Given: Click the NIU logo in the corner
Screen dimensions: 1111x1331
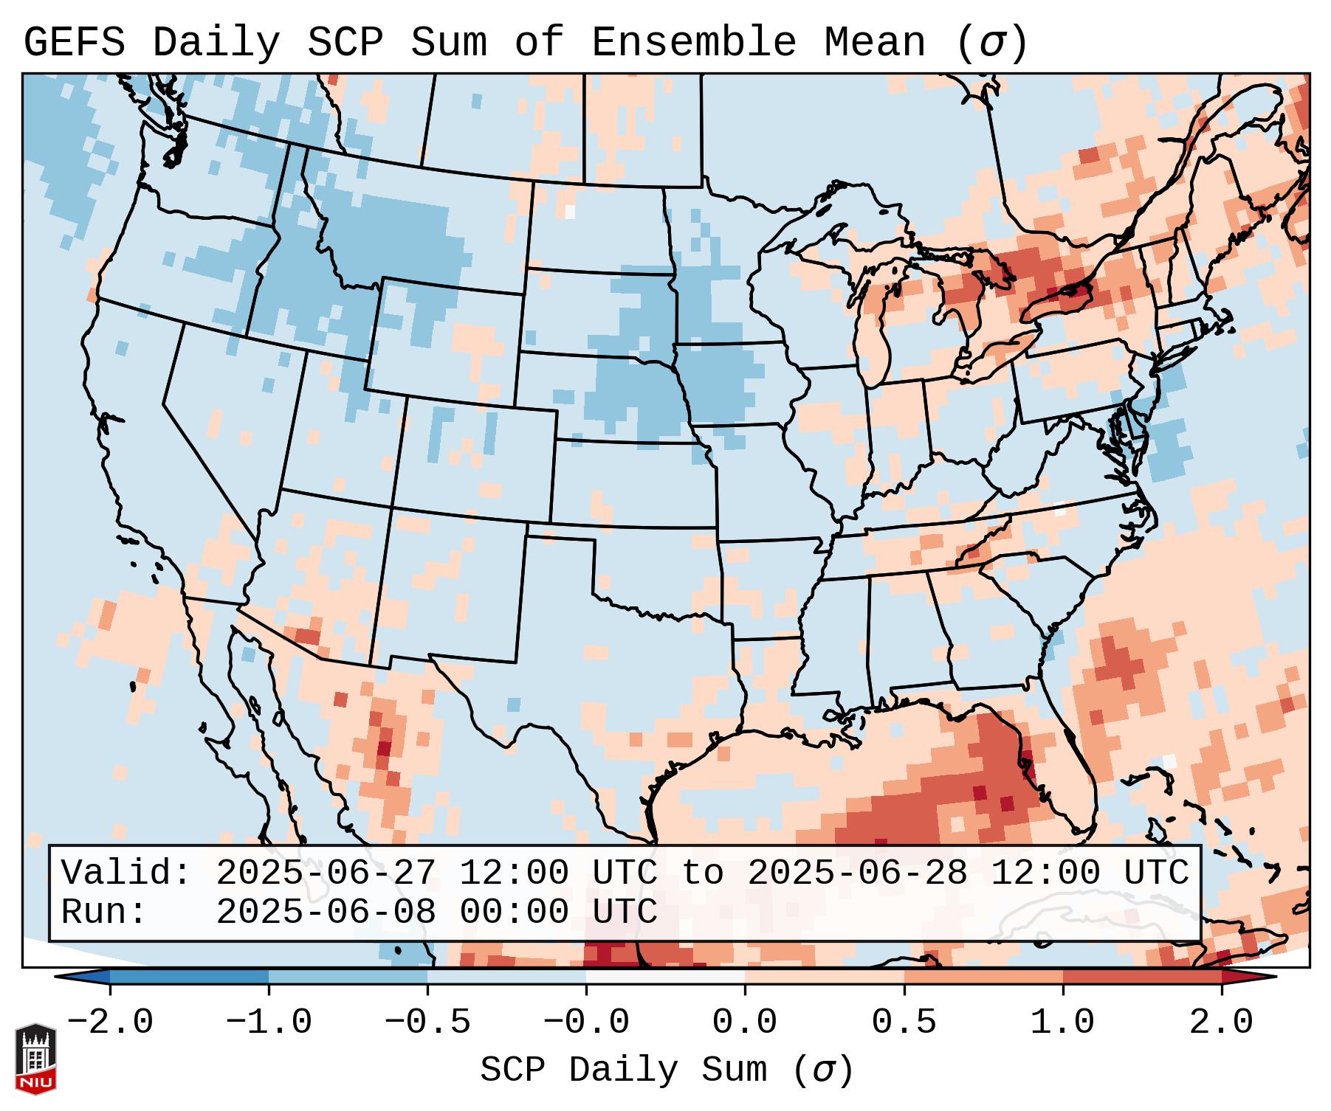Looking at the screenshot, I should coord(35,1059).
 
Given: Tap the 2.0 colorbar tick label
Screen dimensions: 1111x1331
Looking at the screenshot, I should coord(1222,1022).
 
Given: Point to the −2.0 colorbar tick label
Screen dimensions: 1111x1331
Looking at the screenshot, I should coord(110,1022).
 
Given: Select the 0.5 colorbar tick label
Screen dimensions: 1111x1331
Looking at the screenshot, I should coord(904,1022).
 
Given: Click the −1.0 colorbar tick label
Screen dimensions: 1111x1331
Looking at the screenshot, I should coord(269,1022).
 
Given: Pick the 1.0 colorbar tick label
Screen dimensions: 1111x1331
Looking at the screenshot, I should coord(1063,1022).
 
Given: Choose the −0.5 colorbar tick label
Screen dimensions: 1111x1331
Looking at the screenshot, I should coord(427,1022).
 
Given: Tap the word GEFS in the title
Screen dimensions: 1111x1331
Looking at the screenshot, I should coord(74,43).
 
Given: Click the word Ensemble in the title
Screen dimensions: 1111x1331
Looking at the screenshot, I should coord(694,43).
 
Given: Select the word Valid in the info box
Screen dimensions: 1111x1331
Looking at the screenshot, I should coord(125,873).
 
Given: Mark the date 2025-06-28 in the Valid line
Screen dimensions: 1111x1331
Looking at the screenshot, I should coord(857,873).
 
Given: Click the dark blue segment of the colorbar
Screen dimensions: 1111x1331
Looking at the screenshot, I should coord(189,976).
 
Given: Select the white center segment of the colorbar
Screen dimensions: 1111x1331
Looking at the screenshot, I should coord(666,976).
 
